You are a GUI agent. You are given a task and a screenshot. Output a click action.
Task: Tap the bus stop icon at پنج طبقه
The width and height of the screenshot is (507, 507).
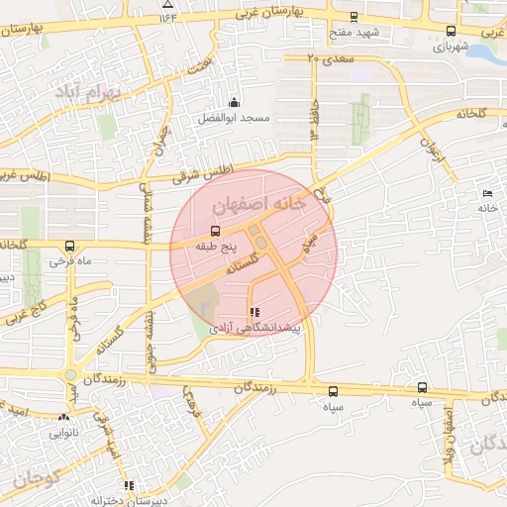click(216, 230)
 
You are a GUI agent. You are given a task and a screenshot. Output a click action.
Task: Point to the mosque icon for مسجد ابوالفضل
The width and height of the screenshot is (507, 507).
click(234, 102)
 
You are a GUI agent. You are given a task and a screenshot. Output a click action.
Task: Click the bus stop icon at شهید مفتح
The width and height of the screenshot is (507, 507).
click(355, 17)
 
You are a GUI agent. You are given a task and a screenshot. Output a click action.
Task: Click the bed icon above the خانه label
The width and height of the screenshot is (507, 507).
click(486, 194)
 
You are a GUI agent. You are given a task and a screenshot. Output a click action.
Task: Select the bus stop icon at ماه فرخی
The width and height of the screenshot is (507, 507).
click(68, 245)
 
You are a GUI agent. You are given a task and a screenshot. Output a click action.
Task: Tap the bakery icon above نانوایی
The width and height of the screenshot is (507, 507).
click(63, 418)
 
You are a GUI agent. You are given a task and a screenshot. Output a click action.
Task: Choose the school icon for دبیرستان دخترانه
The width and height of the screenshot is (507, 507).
click(128, 485)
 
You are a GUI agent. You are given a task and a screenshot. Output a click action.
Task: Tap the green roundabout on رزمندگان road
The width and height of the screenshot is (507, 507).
click(70, 374)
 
